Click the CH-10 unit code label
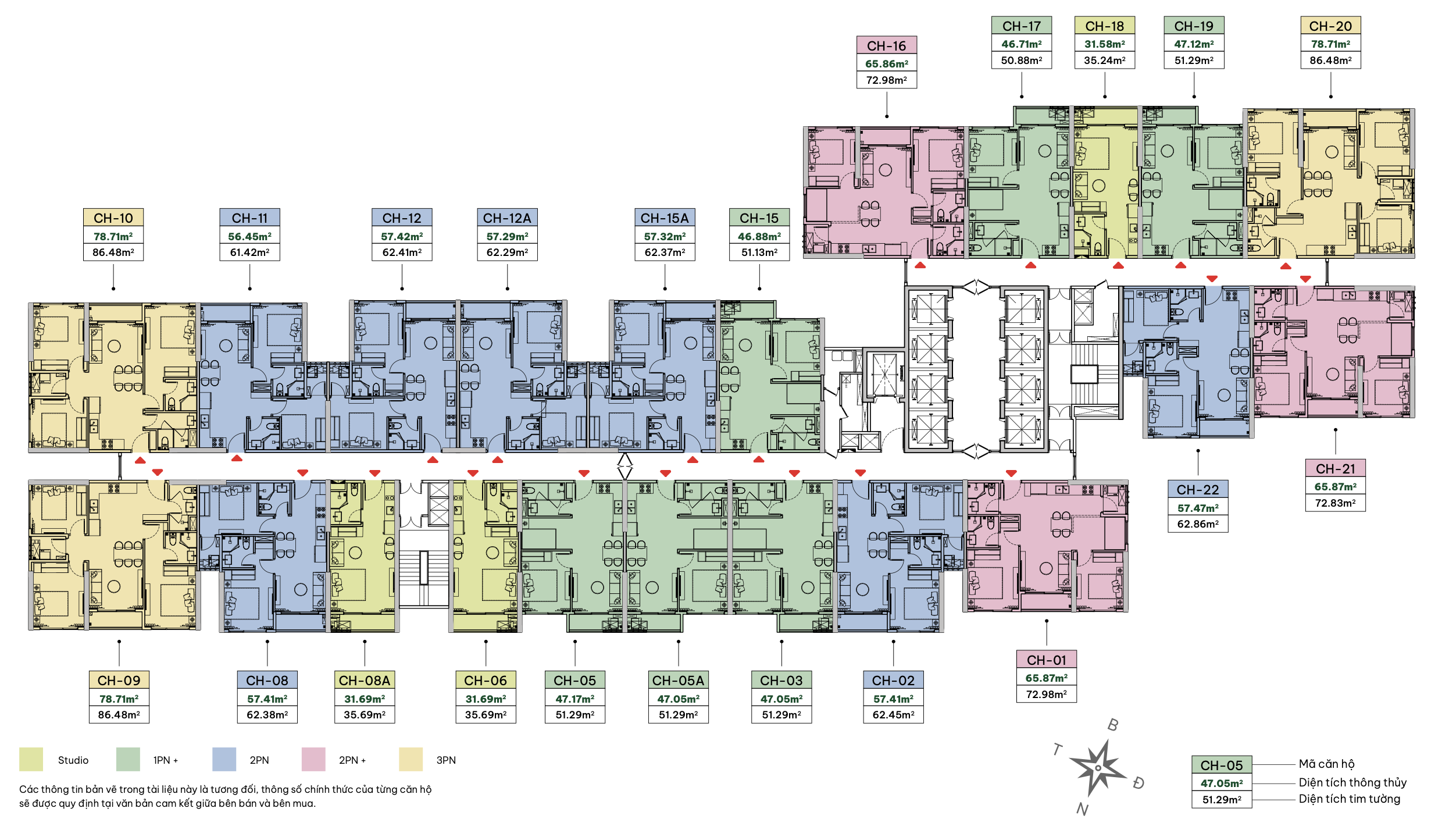tap(113, 218)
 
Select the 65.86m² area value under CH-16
tap(887, 63)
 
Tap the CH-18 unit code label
tap(1105, 26)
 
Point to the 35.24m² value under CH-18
tap(1105, 60)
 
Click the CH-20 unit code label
tap(1331, 26)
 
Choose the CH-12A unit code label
tap(507, 218)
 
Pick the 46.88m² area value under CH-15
tap(759, 236)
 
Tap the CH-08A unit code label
tap(365, 680)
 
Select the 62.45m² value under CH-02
tap(894, 714)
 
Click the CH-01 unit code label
tap(1047, 660)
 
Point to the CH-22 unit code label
tap(1198, 490)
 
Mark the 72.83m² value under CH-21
tap(1336, 503)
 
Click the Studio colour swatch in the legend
tap(31, 760)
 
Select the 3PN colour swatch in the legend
tap(411, 760)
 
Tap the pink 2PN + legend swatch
tap(313, 760)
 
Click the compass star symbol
tap(1097, 768)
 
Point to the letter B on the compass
tap(1113, 725)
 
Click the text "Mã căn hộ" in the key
tap(1327, 764)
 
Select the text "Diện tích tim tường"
tap(1350, 799)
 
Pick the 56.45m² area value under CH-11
tap(249, 236)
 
